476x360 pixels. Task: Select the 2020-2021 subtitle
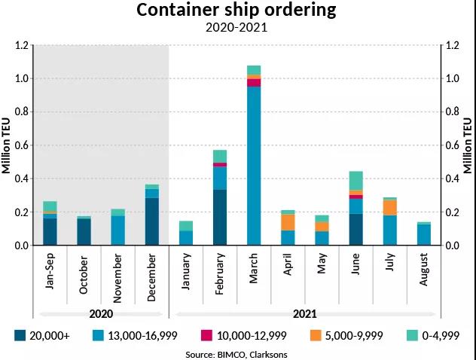point(237,29)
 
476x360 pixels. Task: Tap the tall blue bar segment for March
point(254,166)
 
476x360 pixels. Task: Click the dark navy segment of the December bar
point(152,221)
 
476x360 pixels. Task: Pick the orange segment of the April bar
point(288,222)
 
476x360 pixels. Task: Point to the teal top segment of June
point(355,181)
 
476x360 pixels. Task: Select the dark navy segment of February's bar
point(220,217)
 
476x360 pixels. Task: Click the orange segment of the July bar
point(389,207)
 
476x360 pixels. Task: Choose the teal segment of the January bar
point(186,226)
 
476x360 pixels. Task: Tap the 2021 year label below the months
point(305,314)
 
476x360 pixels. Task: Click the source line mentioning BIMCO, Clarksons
point(237,352)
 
